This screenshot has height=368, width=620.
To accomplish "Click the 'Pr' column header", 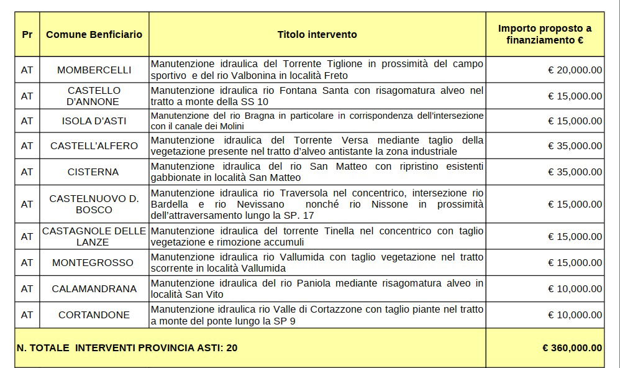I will pyautogui.click(x=27, y=34).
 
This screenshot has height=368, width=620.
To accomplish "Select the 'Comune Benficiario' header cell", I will pyautogui.click(x=94, y=34).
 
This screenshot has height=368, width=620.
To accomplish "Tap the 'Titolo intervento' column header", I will pyautogui.click(x=317, y=34).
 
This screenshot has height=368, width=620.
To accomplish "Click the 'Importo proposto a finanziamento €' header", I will pyautogui.click(x=545, y=34).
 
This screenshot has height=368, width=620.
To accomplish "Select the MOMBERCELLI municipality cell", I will pyautogui.click(x=94, y=70).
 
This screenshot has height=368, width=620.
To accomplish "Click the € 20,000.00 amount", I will pyautogui.click(x=575, y=70).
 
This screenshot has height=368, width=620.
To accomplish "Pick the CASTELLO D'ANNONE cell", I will pyautogui.click(x=94, y=96).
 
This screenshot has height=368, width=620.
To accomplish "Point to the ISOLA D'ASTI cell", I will pyautogui.click(x=94, y=121).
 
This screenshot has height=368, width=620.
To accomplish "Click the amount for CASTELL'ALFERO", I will pyautogui.click(x=575, y=146).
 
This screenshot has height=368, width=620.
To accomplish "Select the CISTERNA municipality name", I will pyautogui.click(x=94, y=172).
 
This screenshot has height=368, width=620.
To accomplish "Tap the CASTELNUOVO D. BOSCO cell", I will pyautogui.click(x=94, y=204).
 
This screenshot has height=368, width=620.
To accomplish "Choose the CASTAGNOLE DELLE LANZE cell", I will pyautogui.click(x=94, y=236).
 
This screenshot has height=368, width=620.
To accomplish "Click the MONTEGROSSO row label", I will pyautogui.click(x=94, y=263).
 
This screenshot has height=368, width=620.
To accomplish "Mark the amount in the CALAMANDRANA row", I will pyautogui.click(x=575, y=289).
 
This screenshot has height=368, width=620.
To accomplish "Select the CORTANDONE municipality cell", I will pyautogui.click(x=94, y=315).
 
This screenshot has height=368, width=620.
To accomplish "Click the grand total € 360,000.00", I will pyautogui.click(x=572, y=348).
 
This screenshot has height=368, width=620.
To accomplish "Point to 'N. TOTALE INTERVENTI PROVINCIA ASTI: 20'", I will pyautogui.click(x=127, y=348).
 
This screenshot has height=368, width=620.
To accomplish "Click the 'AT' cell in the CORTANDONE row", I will pyautogui.click(x=27, y=315).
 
